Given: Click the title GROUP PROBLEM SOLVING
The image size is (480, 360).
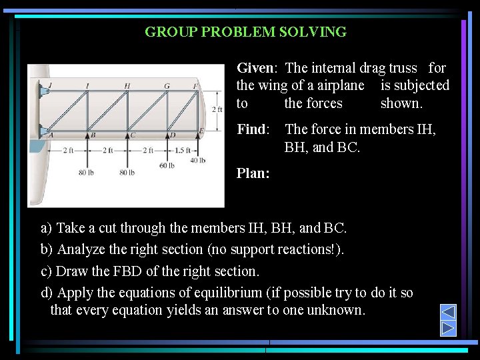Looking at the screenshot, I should [x=245, y=32].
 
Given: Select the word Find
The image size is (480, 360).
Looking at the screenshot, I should [x=251, y=129].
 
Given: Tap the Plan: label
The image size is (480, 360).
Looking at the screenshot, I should [x=253, y=173].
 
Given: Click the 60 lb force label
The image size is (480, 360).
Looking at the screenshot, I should [x=167, y=165].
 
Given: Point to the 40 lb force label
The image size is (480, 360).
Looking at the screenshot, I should [x=198, y=160].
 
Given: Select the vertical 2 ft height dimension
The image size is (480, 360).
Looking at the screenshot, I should [x=217, y=109].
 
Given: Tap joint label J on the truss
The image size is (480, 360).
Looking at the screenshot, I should [x=50, y=85].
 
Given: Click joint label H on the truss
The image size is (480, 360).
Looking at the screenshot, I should [x=127, y=85].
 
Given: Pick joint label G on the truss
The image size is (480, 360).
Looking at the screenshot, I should [x=167, y=85].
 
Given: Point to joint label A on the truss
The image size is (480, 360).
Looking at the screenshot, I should [x=51, y=135].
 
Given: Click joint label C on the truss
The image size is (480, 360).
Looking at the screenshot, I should [x=133, y=135].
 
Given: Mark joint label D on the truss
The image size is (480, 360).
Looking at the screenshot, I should [x=172, y=135].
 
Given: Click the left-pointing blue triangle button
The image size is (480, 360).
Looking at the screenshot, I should [x=449, y=312].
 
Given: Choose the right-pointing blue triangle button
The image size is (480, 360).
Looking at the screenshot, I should [x=449, y=328].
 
